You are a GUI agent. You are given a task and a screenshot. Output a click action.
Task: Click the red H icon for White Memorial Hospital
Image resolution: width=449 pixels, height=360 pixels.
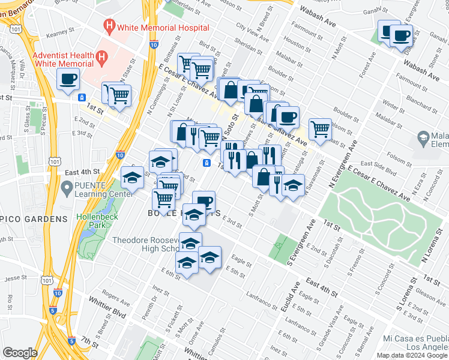click(109, 26)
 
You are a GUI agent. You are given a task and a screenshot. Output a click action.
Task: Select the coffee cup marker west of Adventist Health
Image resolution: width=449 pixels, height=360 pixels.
click(68, 79)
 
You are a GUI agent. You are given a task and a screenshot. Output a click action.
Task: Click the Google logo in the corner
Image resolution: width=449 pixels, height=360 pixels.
click(20, 353)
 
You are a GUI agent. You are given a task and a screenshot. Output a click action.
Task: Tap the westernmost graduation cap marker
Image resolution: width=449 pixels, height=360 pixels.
click(132, 178)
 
